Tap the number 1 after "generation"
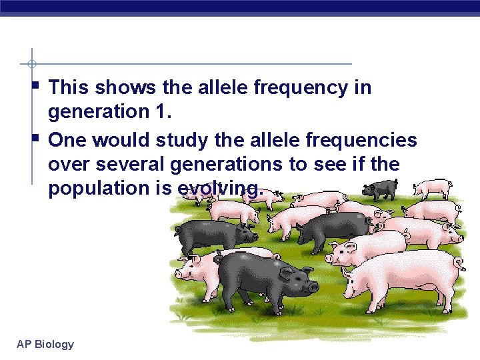[165, 112]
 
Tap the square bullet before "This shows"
[35, 85]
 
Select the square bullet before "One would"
[35, 138]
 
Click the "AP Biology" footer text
[45, 344]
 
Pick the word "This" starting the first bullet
[69, 87]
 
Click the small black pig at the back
[378, 189]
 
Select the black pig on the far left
[213, 233]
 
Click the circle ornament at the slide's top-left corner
[31, 64]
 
